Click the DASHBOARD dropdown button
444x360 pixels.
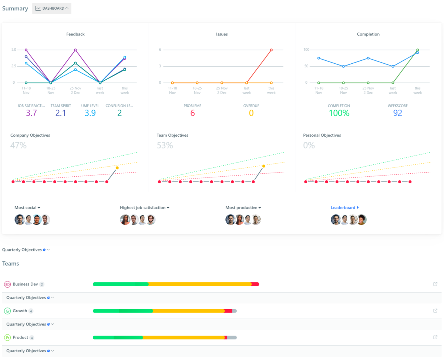point(52,8)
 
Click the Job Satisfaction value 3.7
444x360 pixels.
point(31,113)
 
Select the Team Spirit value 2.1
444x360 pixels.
point(60,113)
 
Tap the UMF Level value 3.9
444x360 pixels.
point(90,113)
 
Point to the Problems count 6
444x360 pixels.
point(192,113)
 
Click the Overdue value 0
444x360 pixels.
point(251,113)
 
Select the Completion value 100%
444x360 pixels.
point(339,113)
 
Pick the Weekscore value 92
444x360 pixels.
point(397,113)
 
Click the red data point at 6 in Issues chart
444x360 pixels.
point(271,50)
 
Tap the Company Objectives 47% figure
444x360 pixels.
point(18,145)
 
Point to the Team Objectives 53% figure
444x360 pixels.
point(165,145)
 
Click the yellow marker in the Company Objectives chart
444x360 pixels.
point(117,168)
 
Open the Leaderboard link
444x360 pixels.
point(344,208)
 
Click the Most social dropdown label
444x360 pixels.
point(27,208)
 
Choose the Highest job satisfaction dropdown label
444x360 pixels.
point(144,208)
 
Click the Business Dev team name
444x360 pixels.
point(25,284)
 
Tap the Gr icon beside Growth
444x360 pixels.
point(7,311)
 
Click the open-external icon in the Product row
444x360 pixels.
point(435,337)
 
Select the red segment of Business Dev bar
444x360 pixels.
point(255,284)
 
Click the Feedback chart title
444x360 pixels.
point(75,34)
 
